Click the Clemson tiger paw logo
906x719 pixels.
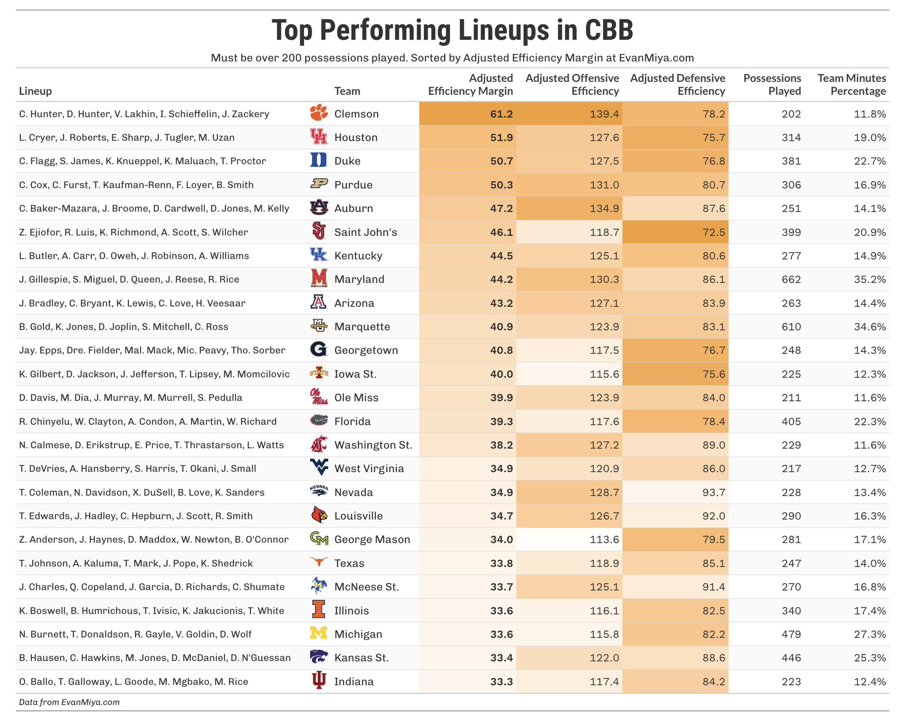(319, 113)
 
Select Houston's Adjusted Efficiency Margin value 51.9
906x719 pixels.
(501, 138)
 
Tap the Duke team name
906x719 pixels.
(347, 161)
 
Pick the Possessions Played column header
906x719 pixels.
(772, 85)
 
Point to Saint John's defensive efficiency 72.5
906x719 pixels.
(713, 232)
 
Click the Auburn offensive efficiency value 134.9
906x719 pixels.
(604, 208)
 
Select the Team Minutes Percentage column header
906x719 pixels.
(851, 85)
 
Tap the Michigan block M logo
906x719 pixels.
(319, 634)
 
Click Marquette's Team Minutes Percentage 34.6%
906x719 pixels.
(870, 327)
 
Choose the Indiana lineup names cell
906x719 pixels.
(134, 681)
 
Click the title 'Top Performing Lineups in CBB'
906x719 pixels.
(452, 30)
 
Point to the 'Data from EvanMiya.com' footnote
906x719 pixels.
(69, 702)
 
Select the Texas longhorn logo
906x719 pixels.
(319, 562)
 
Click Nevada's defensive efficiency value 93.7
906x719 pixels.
(713, 492)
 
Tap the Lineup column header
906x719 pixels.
(35, 91)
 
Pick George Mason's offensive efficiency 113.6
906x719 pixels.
(604, 539)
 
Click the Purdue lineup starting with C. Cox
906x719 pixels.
(136, 185)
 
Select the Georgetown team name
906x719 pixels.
(366, 350)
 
